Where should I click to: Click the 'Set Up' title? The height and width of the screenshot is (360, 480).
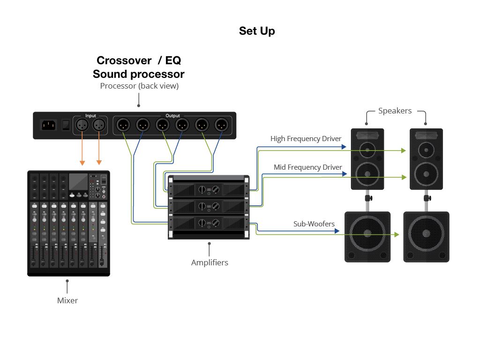coord(257,31)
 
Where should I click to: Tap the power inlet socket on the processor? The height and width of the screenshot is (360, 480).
coord(50,126)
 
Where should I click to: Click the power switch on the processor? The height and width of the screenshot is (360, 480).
coord(66,126)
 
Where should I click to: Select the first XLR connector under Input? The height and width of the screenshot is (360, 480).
coord(82,125)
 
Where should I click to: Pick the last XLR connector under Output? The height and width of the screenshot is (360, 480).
coord(221,125)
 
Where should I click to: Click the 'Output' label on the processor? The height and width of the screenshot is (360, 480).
coord(172,115)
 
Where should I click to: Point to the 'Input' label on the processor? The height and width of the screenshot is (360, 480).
coord(90,115)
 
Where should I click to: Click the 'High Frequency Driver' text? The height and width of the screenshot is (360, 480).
coord(306,139)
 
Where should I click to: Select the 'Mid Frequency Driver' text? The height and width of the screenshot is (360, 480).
coord(307,167)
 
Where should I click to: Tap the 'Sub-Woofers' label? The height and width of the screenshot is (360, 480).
coord(314,224)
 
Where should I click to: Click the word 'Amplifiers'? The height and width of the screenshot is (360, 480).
coord(210,262)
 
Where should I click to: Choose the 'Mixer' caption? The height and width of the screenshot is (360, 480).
coord(67,300)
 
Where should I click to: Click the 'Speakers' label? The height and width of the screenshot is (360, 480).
coord(395,111)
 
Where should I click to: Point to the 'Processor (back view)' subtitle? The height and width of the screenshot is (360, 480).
coord(139,86)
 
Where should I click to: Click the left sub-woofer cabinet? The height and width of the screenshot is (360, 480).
coord(367,237)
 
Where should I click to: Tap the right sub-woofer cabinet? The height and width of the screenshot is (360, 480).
coord(426,237)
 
